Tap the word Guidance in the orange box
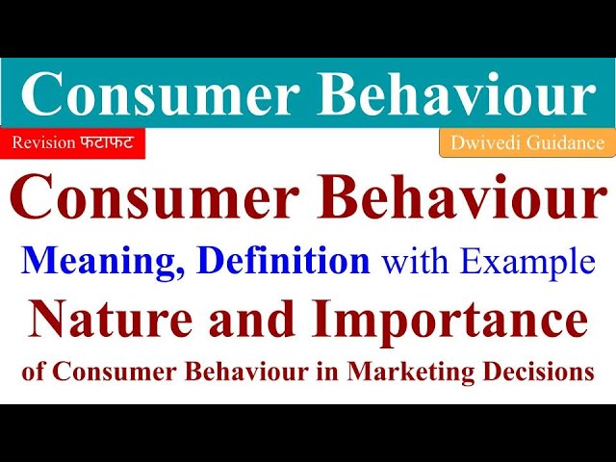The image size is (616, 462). (561, 144)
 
